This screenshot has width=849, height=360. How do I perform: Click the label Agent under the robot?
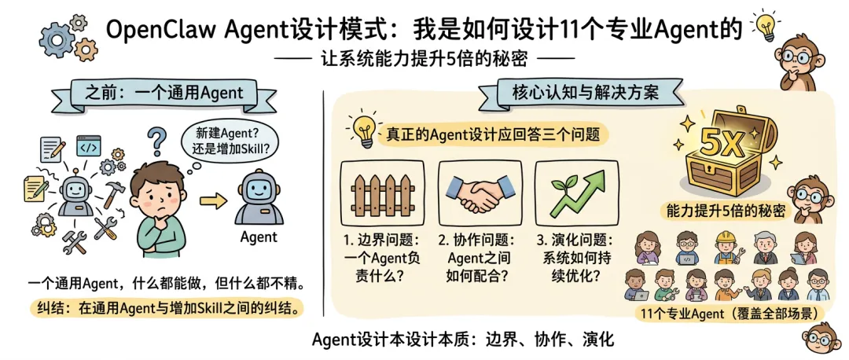tap(258, 237)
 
